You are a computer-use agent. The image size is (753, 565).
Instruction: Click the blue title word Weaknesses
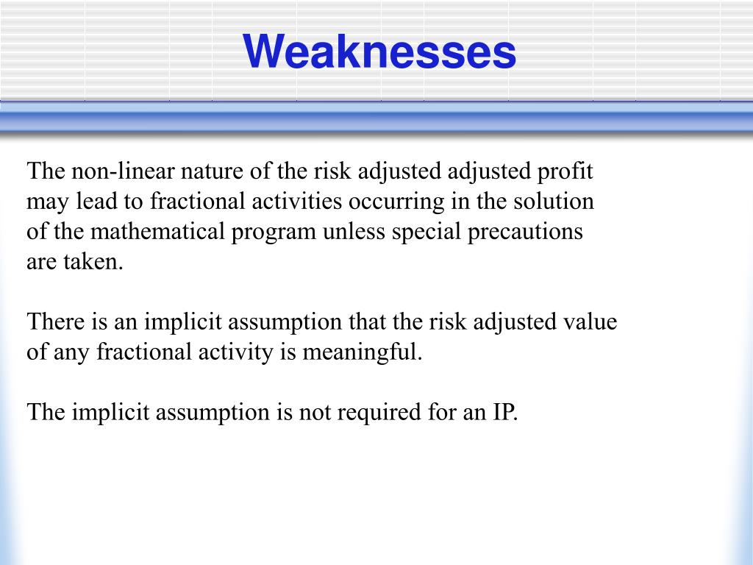pyautogui.click(x=379, y=51)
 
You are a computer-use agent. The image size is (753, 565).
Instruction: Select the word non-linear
pyautogui.click(x=123, y=171)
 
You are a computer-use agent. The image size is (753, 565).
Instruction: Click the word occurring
pyautogui.click(x=396, y=202)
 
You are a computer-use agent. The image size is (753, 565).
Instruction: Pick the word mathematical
pyautogui.click(x=157, y=231)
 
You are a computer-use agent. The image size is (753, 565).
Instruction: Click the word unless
pyautogui.click(x=354, y=231)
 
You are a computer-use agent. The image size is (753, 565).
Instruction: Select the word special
pyautogui.click(x=427, y=232)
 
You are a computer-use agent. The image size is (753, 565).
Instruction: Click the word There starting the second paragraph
pyautogui.click(x=55, y=321)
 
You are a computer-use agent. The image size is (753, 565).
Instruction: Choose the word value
pyautogui.click(x=588, y=321)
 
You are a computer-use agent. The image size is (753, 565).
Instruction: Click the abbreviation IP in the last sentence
pyautogui.click(x=506, y=412)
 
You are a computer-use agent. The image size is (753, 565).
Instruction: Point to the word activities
pyautogui.click(x=297, y=201)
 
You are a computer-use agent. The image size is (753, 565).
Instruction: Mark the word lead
pyautogui.click(x=96, y=201)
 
